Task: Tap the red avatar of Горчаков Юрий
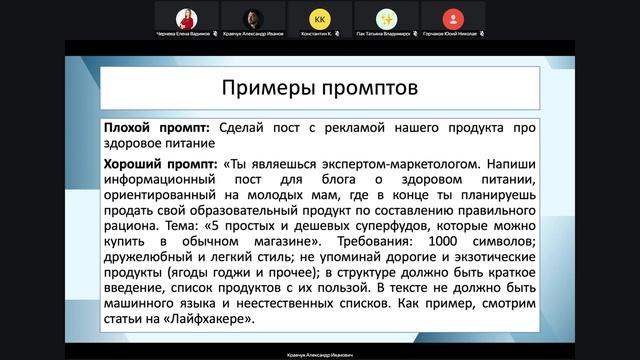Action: (454, 18)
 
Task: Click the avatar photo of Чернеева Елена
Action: (184, 18)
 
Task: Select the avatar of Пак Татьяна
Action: (387, 18)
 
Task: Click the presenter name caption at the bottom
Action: (319, 354)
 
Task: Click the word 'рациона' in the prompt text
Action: (128, 225)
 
